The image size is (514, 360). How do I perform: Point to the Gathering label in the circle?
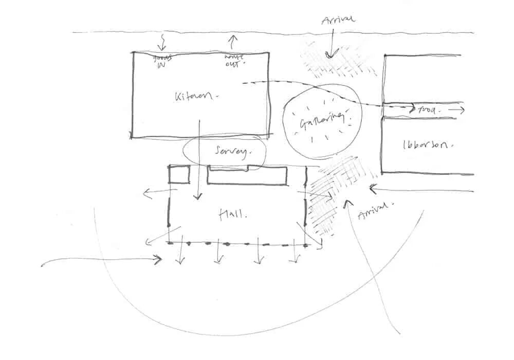point(321,122)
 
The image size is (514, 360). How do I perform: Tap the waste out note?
point(234,61)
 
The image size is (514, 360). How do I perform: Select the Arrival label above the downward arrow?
point(338,21)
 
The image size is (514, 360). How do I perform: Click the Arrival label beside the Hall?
point(374,210)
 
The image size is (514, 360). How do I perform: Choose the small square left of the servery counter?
point(179,174)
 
